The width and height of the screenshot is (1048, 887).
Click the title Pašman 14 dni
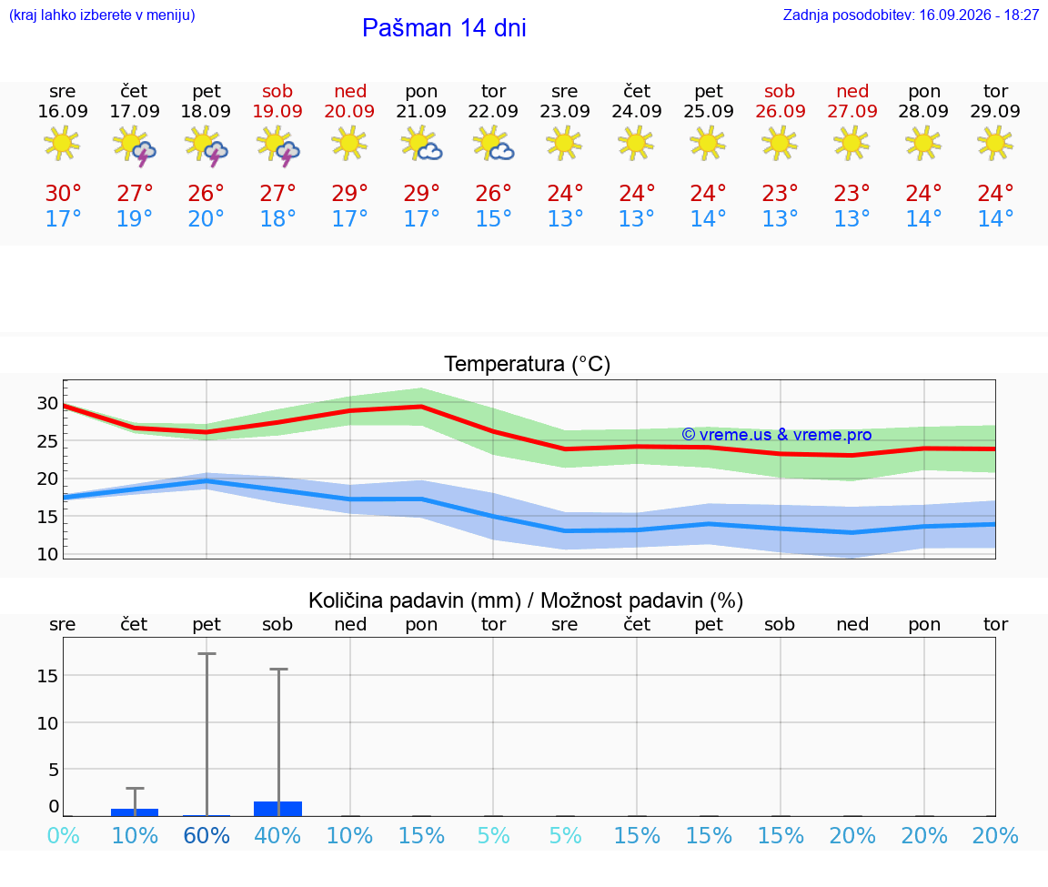pos(444,28)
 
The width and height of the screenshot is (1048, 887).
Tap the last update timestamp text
pos(911,15)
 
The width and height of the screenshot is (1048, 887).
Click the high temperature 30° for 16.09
pos(63,193)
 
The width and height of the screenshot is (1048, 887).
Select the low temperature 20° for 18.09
pos(206,218)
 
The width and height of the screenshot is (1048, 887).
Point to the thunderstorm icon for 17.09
pos(135,145)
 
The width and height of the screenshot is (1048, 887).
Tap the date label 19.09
pos(277,111)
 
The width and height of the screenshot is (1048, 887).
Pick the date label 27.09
pos(852,111)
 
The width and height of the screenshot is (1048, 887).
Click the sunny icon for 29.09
pos(995,143)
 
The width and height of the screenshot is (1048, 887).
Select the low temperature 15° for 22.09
pos(493,218)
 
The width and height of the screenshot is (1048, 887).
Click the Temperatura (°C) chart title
pos(528,364)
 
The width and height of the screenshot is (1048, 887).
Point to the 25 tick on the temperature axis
pos(47,441)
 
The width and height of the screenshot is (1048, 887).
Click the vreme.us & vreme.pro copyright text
pos(777,435)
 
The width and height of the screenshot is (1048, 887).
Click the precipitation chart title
pos(525,600)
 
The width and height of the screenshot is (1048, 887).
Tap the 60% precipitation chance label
pos(207,835)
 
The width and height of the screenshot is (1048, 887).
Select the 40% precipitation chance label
pos(277,835)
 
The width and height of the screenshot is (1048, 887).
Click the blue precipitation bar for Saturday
pos(278,809)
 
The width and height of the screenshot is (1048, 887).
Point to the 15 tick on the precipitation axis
pos(47,676)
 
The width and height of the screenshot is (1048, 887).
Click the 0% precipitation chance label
pos(63,835)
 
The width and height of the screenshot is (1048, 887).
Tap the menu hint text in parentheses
pos(102,15)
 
